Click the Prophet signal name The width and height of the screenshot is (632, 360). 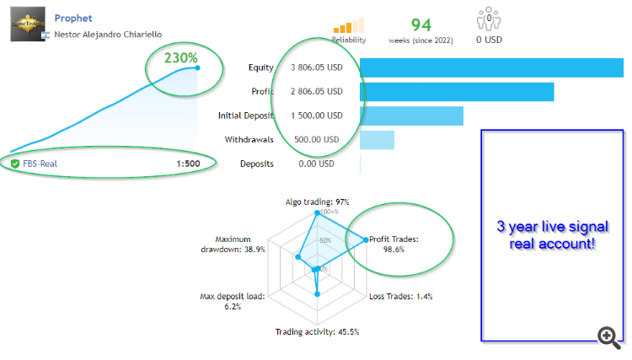tap(73, 19)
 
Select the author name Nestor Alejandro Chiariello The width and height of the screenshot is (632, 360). tap(108, 35)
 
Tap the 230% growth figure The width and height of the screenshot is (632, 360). tap(180, 58)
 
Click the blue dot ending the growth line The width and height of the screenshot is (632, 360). tap(197, 67)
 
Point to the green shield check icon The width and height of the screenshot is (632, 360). tap(15, 164)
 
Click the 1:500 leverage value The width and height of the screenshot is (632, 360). tap(188, 164)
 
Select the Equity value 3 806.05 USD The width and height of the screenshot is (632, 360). tap(317, 67)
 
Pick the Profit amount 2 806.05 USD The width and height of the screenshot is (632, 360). tap(317, 92)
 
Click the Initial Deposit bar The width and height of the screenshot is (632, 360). tap(411, 116)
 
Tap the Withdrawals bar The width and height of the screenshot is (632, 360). tap(377, 140)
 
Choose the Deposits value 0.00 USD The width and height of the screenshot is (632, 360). tap(316, 164)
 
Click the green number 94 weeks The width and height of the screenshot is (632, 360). tap(421, 25)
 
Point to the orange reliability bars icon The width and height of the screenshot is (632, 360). tap(349, 25)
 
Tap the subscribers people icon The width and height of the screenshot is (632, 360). tap(489, 19)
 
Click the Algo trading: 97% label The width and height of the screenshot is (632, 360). tap(317, 202)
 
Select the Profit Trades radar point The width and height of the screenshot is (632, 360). tap(366, 240)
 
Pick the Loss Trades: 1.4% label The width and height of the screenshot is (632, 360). tap(400, 297)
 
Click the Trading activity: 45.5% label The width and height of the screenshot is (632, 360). tap(317, 332)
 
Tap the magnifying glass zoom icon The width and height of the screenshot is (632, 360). tap(608, 337)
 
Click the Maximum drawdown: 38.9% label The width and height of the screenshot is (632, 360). tap(233, 244)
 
